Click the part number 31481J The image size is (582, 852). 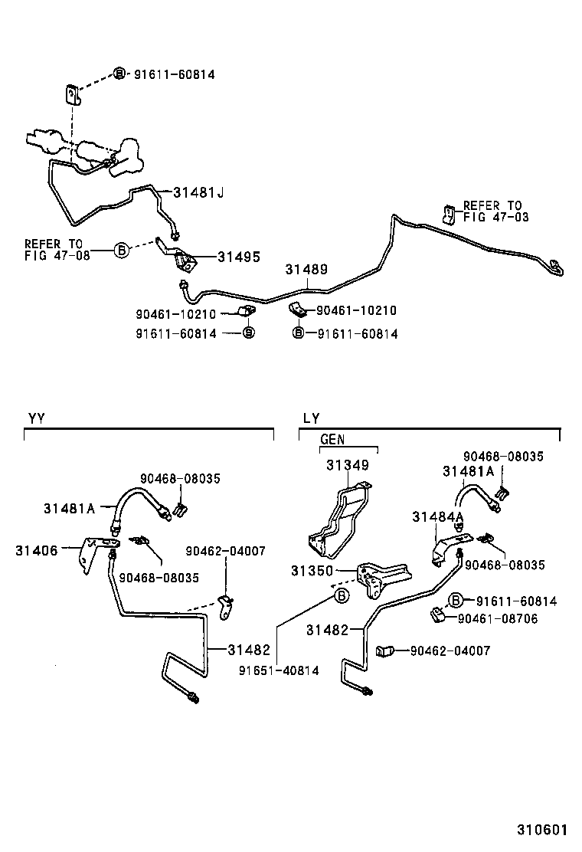tap(198, 192)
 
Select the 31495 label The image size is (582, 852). tap(239, 257)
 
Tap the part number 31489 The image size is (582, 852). tap(307, 270)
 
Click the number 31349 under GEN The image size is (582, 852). tap(348, 465)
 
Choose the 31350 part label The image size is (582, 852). tap(311, 571)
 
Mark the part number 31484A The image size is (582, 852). tap(438, 517)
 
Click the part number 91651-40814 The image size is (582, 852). tap(279, 670)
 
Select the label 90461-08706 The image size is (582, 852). tap(498, 618)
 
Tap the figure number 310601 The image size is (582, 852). tap(541, 830)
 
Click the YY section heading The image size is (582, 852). tap(37, 418)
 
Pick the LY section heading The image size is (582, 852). tap(311, 418)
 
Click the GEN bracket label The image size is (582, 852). tap(332, 440)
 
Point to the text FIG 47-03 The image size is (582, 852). tap(495, 218)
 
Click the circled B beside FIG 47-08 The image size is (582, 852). tap(121, 250)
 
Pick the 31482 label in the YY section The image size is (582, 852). tap(249, 650)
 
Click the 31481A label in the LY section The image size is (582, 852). tap(468, 471)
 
